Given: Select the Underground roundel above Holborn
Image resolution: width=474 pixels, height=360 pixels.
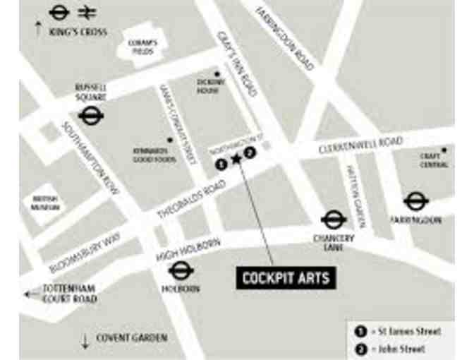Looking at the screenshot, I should point(181,270).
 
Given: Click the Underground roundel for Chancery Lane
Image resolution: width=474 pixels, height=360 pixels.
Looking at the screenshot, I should point(334,220).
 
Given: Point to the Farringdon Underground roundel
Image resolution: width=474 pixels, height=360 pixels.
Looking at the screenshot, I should point(416,201).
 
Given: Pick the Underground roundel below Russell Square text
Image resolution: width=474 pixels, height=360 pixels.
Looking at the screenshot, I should point(90,115).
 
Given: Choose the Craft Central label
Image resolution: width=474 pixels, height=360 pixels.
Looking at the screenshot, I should point(434,160).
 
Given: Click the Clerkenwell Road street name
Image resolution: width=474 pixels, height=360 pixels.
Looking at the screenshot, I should point(360,146).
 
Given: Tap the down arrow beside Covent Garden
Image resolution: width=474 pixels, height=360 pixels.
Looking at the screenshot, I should point(85,342).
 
